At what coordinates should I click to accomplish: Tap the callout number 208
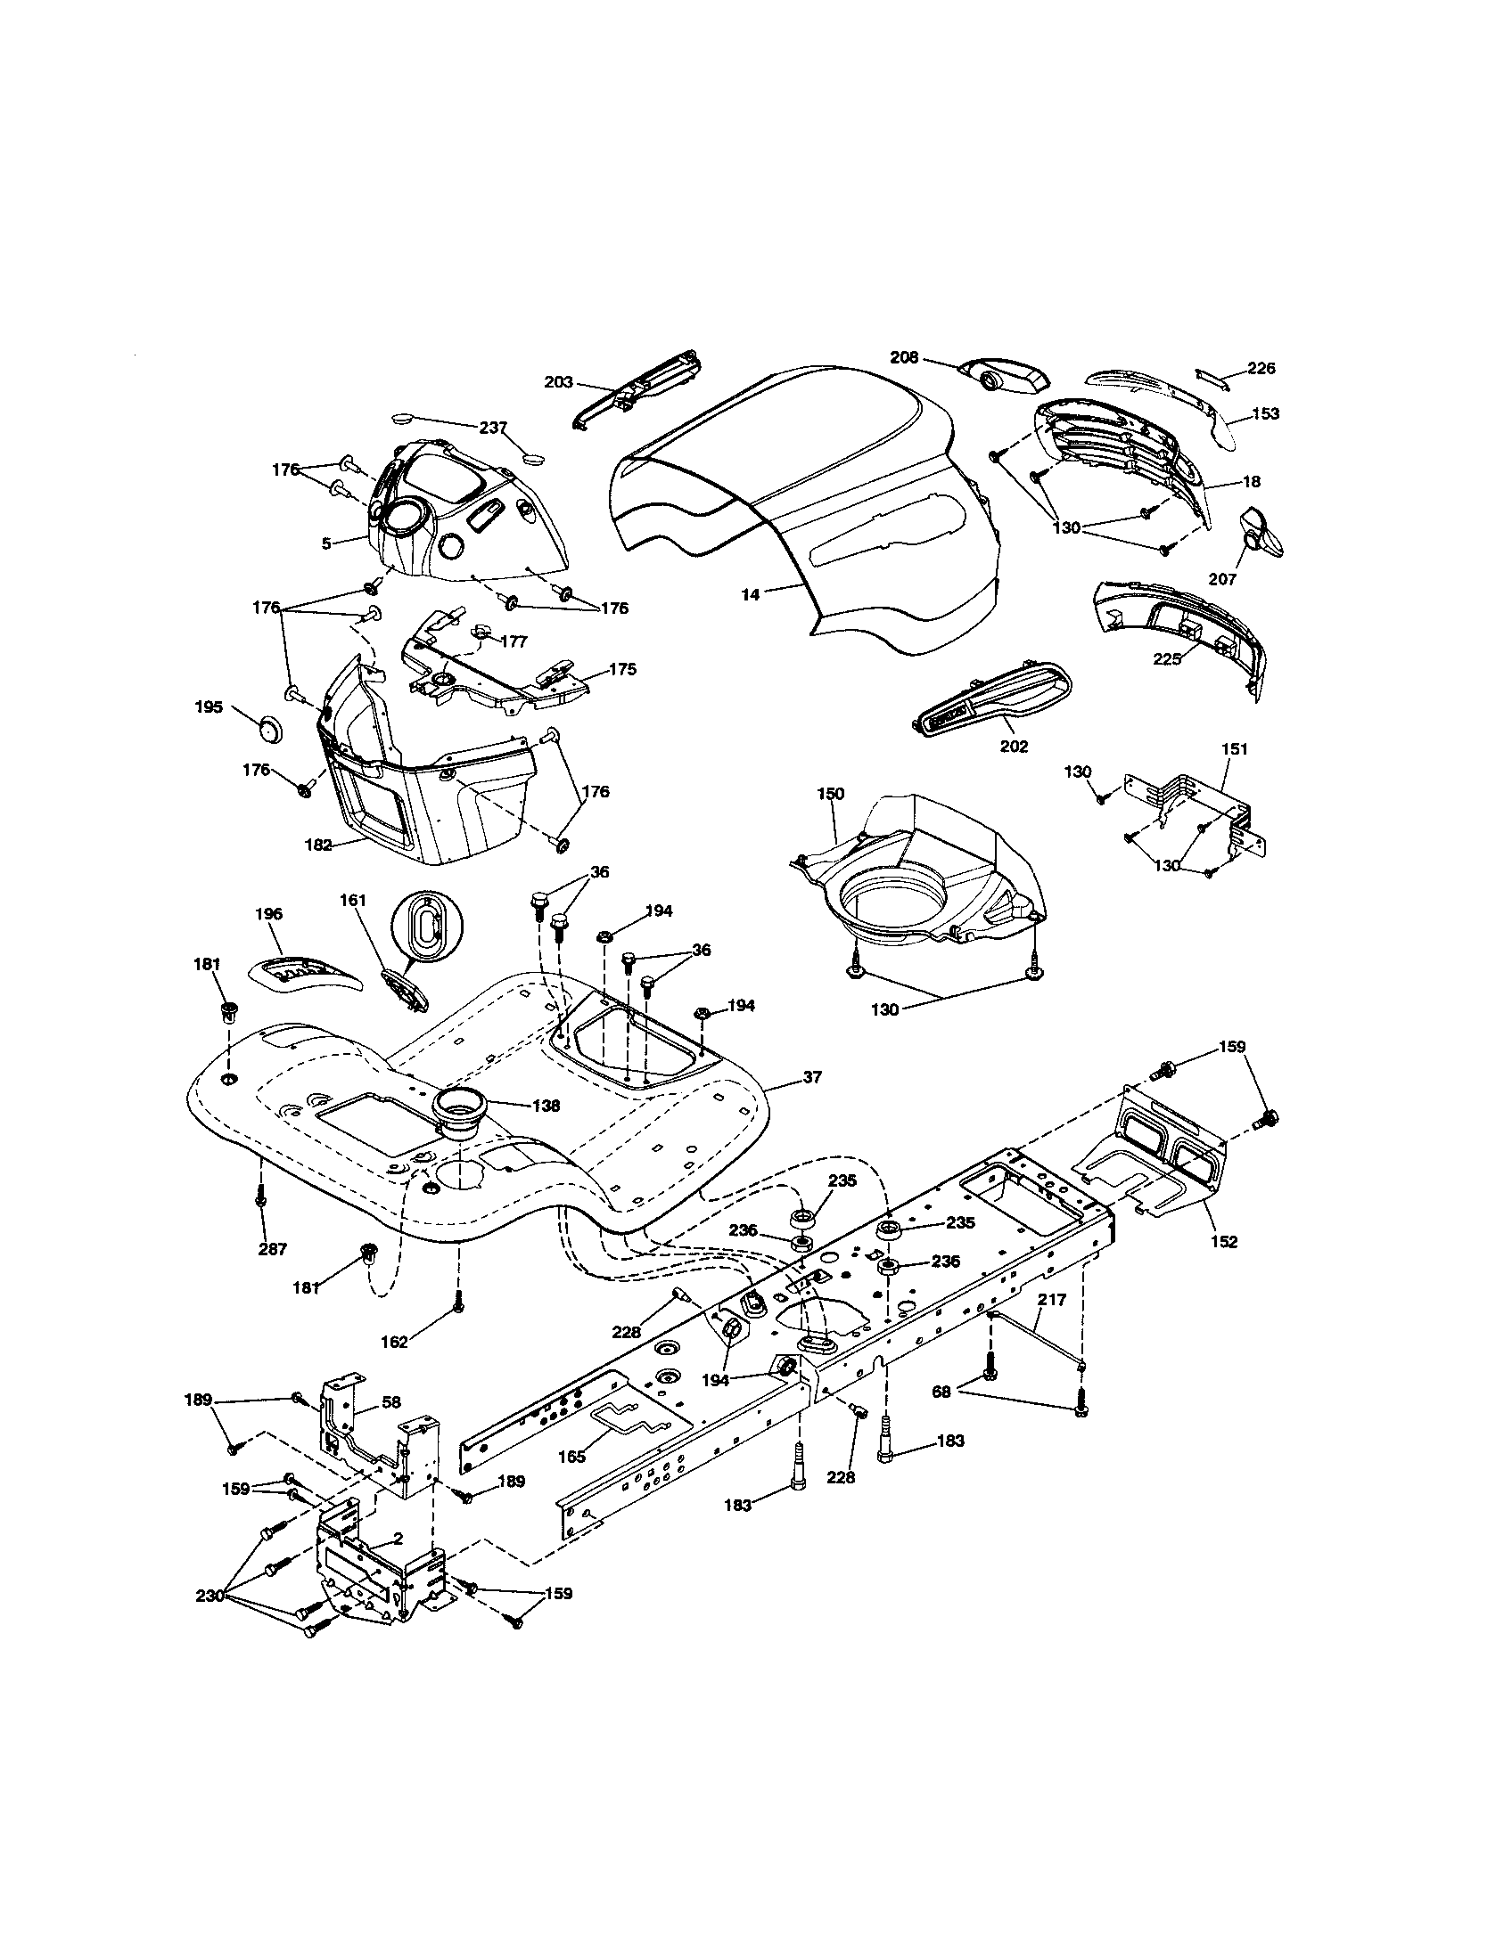(x=904, y=357)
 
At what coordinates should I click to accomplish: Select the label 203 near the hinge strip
(x=558, y=381)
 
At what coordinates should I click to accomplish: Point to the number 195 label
(x=209, y=707)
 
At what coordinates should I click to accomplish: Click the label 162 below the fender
(x=394, y=1367)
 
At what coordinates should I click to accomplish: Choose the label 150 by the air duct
(x=831, y=794)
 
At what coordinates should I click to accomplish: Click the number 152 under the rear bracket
(x=1224, y=1242)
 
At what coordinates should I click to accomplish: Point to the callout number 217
(x=1053, y=1299)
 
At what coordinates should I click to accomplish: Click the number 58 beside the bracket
(x=391, y=1401)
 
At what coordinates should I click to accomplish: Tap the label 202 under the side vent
(x=1015, y=746)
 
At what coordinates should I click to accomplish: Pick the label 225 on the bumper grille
(x=1168, y=657)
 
